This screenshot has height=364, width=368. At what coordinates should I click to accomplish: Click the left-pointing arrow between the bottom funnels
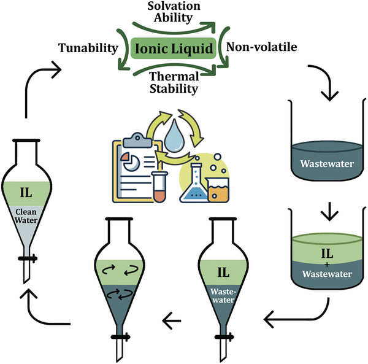pos(174,317)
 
